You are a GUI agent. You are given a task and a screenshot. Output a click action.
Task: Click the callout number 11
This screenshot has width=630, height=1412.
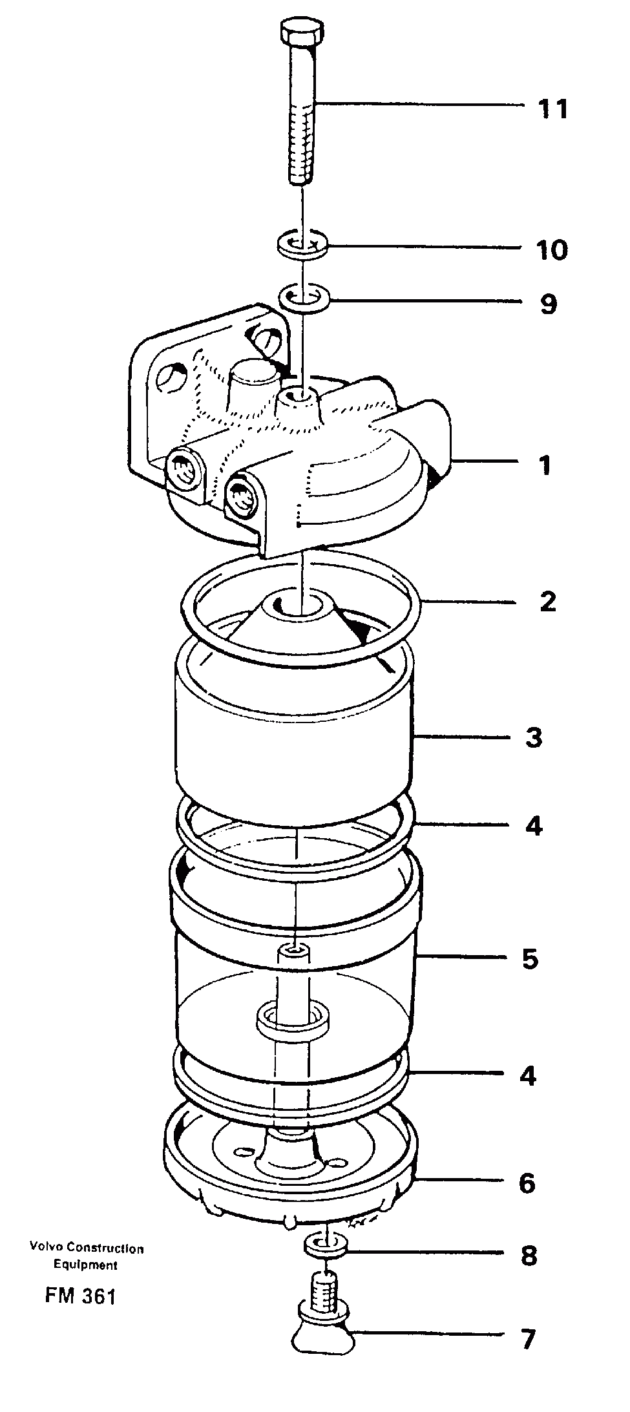click(x=552, y=109)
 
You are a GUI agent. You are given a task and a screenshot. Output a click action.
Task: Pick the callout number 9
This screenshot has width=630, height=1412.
click(x=548, y=303)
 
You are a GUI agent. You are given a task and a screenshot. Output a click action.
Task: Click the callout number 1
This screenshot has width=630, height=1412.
click(x=545, y=465)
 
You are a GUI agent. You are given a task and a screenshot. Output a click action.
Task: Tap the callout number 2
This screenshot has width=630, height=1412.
click(x=547, y=602)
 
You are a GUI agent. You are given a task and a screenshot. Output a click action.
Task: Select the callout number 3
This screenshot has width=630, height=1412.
click(x=533, y=737)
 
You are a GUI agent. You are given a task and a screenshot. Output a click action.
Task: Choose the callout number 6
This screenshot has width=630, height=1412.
click(x=527, y=1184)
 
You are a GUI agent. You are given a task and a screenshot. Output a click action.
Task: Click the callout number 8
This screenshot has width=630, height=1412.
click(x=529, y=1256)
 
